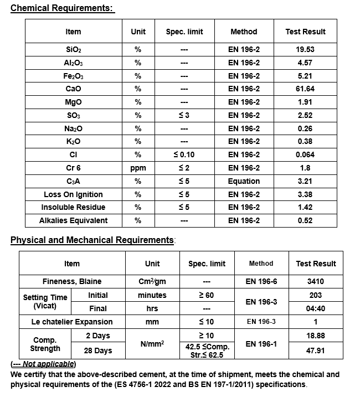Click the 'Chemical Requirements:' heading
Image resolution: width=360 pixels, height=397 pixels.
tap(62, 8)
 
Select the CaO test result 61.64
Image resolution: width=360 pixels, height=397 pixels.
tap(305, 89)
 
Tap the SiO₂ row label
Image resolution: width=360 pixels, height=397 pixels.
tap(73, 50)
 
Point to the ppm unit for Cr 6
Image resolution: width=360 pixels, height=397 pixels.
tap(138, 168)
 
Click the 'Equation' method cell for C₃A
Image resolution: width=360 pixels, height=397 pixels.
tap(244, 181)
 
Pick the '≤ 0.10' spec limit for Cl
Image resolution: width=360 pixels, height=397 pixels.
tap(184, 154)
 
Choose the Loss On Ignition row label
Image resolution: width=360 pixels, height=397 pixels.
tap(73, 194)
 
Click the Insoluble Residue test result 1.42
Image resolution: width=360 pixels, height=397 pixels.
tap(305, 207)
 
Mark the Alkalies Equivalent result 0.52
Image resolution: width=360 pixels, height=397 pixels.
tap(305, 220)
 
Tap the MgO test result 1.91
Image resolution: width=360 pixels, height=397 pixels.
tap(305, 102)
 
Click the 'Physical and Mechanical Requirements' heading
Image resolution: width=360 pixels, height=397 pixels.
tap(92, 240)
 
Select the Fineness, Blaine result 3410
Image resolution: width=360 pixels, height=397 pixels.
tap(315, 281)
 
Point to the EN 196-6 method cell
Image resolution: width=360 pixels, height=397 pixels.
tap(261, 281)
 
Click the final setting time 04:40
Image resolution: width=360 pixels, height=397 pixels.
tap(315, 308)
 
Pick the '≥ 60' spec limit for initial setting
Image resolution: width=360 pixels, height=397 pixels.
tap(206, 295)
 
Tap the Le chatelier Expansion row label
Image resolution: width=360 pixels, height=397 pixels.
tap(72, 322)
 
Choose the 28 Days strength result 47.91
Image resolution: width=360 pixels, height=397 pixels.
tap(315, 350)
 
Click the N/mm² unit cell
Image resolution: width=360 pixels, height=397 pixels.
tap(152, 344)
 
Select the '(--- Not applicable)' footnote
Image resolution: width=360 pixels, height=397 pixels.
tap(43, 364)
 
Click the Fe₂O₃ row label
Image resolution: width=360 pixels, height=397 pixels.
tap(73, 76)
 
